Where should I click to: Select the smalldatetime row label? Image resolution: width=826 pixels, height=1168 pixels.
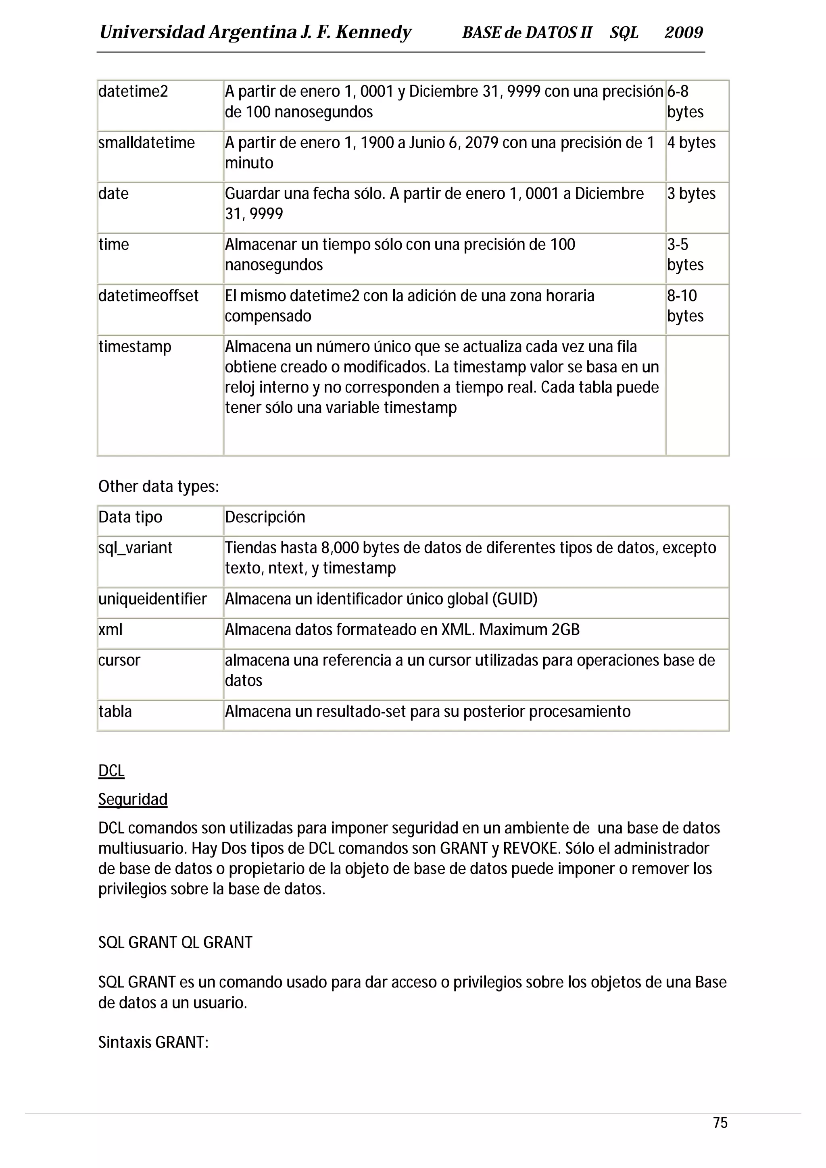click(x=146, y=142)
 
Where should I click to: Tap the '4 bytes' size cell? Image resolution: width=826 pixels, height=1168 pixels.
click(x=691, y=142)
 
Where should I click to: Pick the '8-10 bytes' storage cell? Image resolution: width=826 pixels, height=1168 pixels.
click(x=685, y=306)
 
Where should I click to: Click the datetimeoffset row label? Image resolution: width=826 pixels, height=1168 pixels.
click(x=148, y=295)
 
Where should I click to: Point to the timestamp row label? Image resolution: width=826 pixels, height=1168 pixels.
click(x=135, y=347)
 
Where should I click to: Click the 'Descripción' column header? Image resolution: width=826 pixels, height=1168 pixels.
click(x=265, y=517)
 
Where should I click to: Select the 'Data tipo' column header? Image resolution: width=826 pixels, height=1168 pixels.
click(x=130, y=517)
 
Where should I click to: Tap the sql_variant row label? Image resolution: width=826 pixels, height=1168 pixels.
click(x=136, y=548)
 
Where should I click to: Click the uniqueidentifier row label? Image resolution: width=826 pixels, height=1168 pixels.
click(x=153, y=599)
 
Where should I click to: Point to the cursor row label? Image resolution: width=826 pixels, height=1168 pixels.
click(x=119, y=660)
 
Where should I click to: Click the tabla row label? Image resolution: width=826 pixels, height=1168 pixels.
click(x=115, y=711)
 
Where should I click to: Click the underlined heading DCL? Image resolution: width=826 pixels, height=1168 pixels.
click(x=111, y=771)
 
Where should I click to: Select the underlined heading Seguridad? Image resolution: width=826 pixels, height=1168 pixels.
click(x=133, y=800)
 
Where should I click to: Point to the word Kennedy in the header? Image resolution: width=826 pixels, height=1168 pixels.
click(x=373, y=33)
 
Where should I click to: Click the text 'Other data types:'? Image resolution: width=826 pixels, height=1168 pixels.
click(x=158, y=487)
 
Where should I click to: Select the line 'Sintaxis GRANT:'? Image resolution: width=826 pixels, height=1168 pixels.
click(x=153, y=1042)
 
